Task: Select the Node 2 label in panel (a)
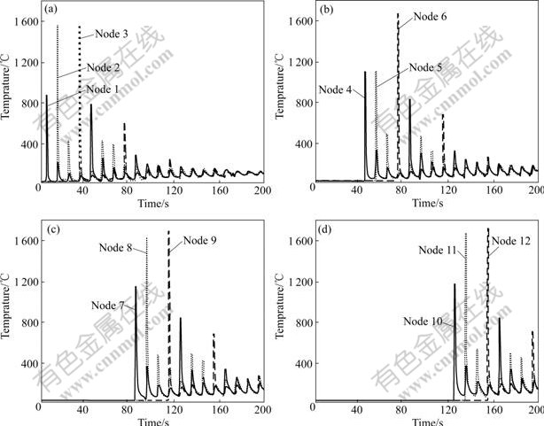click(103, 66)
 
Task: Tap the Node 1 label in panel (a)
click(103, 89)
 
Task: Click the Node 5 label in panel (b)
click(425, 66)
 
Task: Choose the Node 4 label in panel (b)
click(337, 89)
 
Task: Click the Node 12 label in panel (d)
click(511, 240)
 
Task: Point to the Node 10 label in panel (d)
click(423, 321)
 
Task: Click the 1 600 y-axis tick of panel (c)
click(22, 240)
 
